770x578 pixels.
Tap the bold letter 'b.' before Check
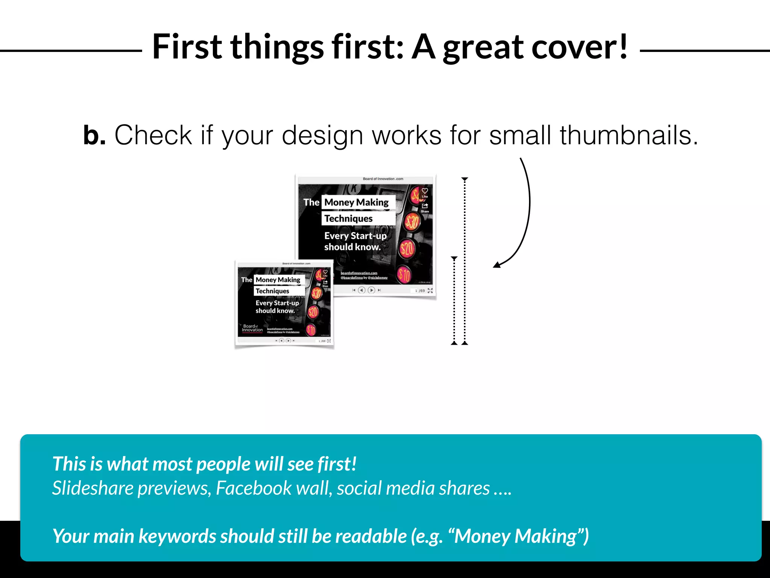(94, 135)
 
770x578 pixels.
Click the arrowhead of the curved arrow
(497, 265)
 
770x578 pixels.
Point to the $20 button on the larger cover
(407, 249)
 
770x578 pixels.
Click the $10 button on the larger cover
(404, 274)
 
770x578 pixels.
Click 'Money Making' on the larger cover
(356, 202)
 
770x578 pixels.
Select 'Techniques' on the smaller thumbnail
(272, 291)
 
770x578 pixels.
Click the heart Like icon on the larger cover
(425, 191)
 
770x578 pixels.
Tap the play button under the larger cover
(371, 290)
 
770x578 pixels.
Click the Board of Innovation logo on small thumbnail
(252, 328)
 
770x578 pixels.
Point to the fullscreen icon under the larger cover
(430, 291)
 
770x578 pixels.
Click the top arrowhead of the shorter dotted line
(454, 259)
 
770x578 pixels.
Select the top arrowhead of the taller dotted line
(465, 179)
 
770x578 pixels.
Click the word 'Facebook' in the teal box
(254, 488)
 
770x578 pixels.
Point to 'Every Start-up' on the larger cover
(355, 236)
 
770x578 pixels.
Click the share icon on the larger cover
(425, 206)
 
